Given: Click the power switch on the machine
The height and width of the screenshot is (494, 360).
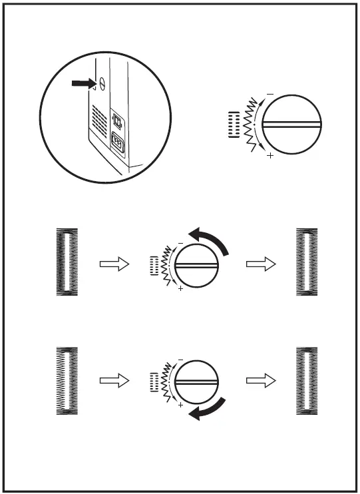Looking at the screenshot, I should pyautogui.click(x=118, y=120).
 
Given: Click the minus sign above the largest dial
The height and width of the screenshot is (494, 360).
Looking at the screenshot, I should pyautogui.click(x=270, y=93).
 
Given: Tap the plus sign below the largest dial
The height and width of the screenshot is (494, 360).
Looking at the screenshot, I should pyautogui.click(x=270, y=156).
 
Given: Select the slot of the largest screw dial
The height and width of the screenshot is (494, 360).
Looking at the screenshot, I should pyautogui.click(x=293, y=124).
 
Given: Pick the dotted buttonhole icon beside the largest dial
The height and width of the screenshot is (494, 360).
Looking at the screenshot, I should pyautogui.click(x=232, y=124).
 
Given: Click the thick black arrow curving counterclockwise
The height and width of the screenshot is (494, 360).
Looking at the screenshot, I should pyautogui.click(x=212, y=240).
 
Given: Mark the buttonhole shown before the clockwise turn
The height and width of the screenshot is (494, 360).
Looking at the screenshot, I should pyautogui.click(x=66, y=381).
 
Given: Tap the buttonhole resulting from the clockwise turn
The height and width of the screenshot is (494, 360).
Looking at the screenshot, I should pyautogui.click(x=307, y=381).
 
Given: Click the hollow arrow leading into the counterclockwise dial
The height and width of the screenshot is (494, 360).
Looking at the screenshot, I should pyautogui.click(x=112, y=265).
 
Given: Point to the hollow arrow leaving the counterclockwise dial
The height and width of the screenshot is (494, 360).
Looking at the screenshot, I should pyautogui.click(x=260, y=265).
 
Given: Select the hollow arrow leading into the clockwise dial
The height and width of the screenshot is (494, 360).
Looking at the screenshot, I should pyautogui.click(x=112, y=381).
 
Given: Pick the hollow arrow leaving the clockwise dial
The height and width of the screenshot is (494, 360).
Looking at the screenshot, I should pyautogui.click(x=260, y=381).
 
